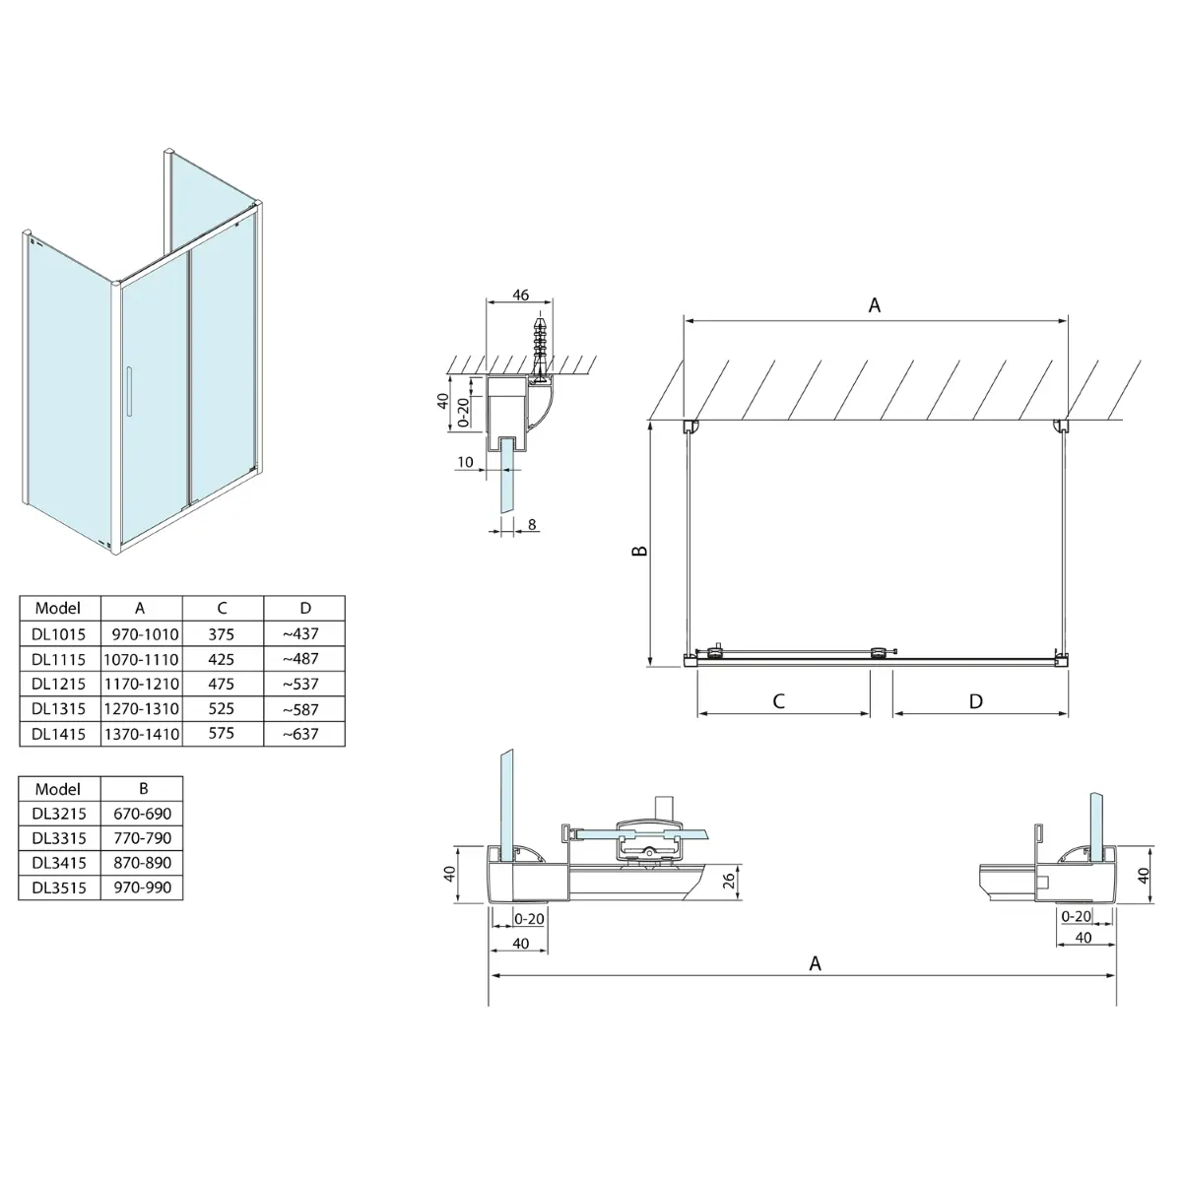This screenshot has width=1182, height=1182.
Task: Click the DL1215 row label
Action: tap(58, 684)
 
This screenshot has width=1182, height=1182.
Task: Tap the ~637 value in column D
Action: tap(300, 734)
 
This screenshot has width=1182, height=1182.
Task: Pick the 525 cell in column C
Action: tap(222, 709)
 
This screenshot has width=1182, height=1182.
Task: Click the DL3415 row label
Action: tap(58, 863)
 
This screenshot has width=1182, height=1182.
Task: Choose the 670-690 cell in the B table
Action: tap(143, 814)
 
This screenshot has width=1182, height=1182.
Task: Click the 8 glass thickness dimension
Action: tap(532, 525)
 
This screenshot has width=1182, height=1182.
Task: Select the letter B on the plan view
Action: tap(639, 552)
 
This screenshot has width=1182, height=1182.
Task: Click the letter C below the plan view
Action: tap(778, 701)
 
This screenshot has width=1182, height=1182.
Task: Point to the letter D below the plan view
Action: tap(975, 701)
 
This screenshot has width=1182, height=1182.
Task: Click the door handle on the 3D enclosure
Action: tap(127, 398)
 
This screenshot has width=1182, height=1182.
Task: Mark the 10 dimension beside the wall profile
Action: tap(465, 461)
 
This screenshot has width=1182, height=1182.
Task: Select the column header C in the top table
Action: tap(222, 609)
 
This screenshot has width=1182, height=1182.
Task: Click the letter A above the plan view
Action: tap(874, 305)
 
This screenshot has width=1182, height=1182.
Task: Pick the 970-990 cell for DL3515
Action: tap(143, 887)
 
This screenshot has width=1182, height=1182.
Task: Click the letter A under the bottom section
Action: tap(815, 963)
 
